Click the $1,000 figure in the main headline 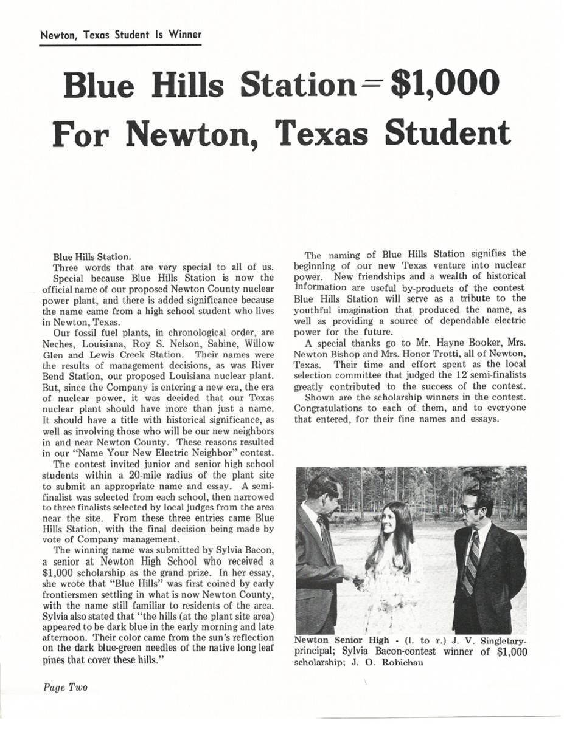click(442, 86)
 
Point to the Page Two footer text click(65, 687)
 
